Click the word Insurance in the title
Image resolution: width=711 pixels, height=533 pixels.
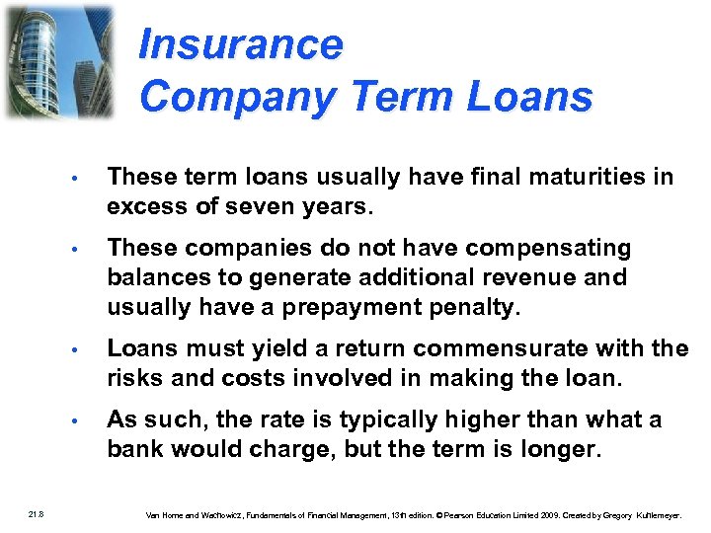[x=241, y=45]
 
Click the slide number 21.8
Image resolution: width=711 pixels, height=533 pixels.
[x=37, y=511]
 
